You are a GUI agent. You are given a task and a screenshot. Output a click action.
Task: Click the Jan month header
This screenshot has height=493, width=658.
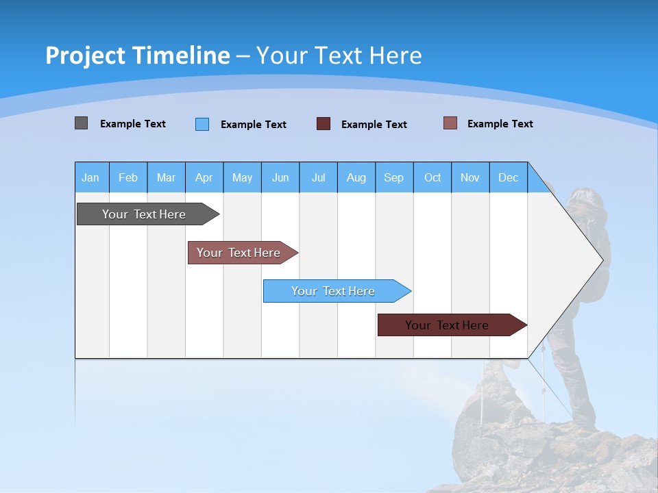90,178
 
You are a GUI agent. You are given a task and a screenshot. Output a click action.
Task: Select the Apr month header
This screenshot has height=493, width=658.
204,178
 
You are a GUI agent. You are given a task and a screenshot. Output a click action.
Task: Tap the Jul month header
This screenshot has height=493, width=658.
318,178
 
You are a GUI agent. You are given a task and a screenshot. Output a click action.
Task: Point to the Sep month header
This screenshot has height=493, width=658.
393,178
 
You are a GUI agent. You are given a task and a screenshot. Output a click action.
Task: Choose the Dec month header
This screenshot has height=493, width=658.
508,178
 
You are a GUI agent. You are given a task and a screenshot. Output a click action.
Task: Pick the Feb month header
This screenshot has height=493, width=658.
128,178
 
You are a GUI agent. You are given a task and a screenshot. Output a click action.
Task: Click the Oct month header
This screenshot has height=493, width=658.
432,178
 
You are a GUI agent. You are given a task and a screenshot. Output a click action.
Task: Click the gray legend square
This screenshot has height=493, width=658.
82,123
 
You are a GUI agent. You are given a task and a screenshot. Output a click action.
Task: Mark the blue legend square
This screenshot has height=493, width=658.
202,124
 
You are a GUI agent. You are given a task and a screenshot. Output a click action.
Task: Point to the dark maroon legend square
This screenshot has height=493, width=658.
324,124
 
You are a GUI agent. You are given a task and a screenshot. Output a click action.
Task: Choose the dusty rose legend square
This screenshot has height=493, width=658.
450,123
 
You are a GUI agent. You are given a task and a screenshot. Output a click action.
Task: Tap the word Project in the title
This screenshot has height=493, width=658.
84,55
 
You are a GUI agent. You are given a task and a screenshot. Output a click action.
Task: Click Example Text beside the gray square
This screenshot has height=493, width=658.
133,124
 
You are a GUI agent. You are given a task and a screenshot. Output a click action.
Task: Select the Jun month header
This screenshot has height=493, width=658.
280,178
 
